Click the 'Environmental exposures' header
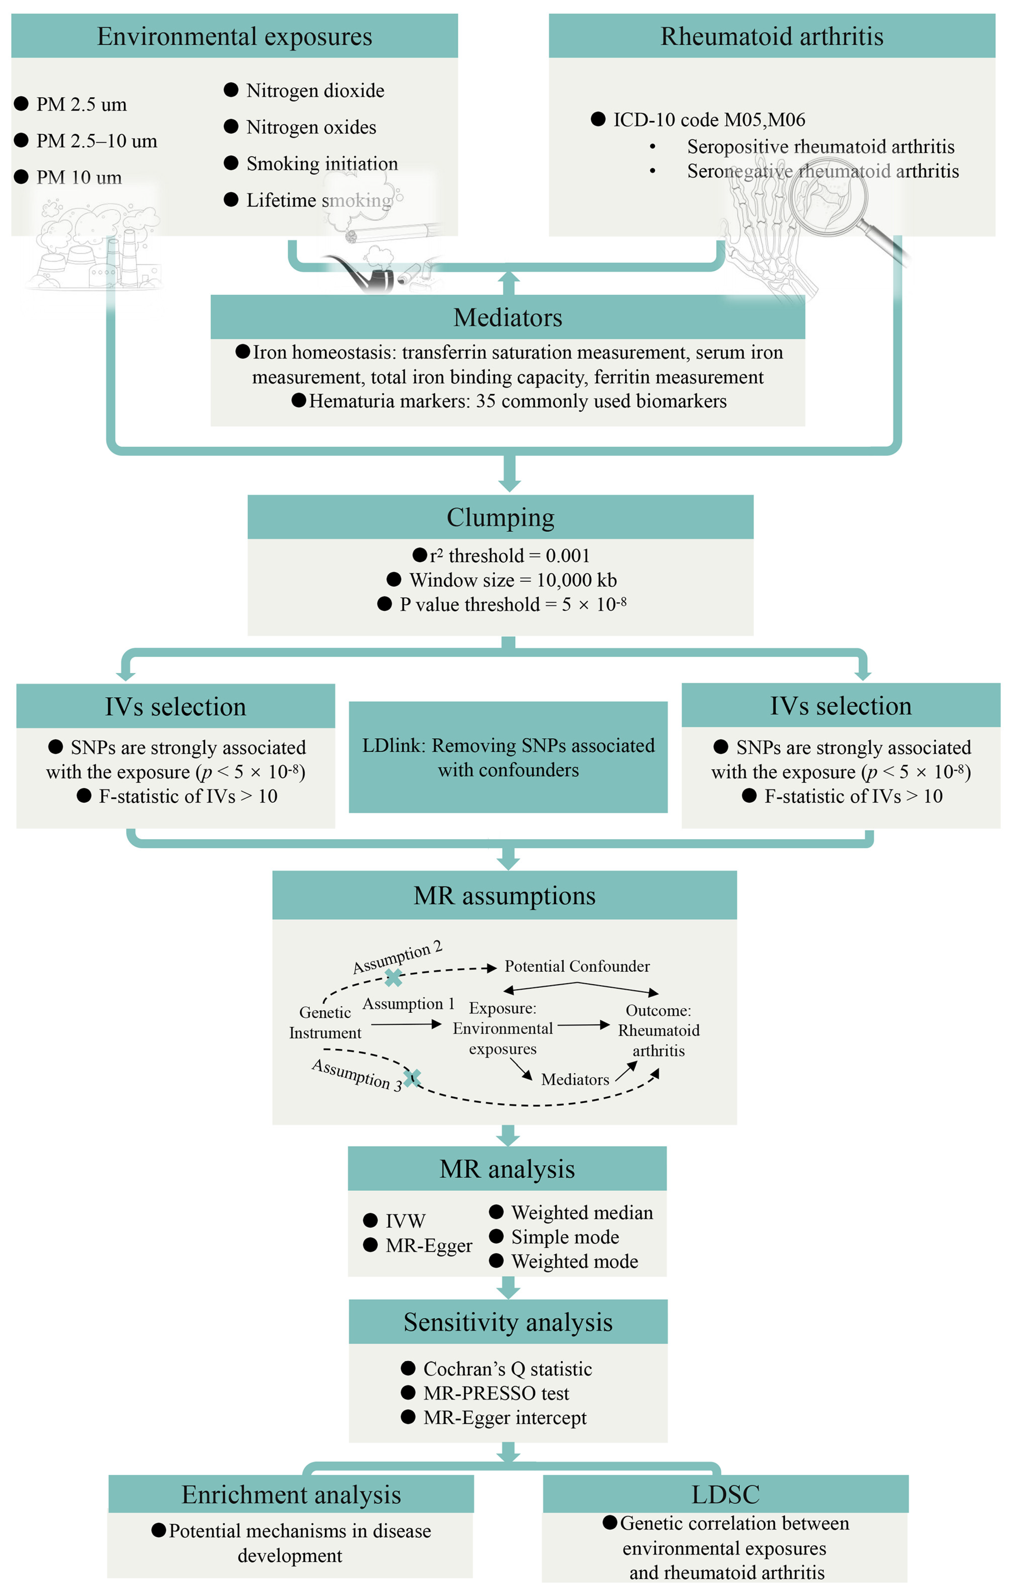pyautogui.click(x=234, y=37)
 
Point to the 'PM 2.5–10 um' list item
pyautogui.click(x=97, y=141)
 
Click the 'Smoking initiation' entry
pyautogui.click(x=322, y=163)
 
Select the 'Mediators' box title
pyautogui.click(x=508, y=317)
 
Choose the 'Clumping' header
pyautogui.click(x=500, y=517)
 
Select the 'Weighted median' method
pyautogui.click(x=582, y=1213)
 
